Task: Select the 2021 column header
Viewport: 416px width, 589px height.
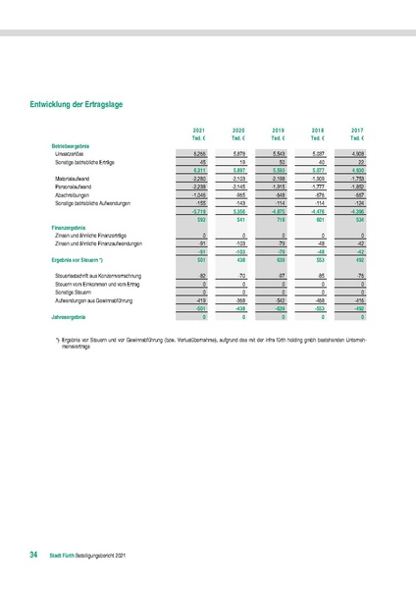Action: pos(200,130)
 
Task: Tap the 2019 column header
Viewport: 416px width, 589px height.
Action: pos(279,130)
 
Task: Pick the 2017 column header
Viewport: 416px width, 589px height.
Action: pos(357,130)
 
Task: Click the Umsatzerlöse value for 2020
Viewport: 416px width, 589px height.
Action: pos(238,154)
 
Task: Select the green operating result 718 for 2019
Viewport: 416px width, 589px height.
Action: pos(279,220)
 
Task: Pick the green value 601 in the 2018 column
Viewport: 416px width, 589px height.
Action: pos(318,220)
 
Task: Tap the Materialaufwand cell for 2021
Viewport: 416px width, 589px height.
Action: pos(198,179)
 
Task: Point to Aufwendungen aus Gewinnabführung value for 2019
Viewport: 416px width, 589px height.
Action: pos(279,301)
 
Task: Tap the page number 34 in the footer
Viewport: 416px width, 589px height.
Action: pos(33,556)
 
